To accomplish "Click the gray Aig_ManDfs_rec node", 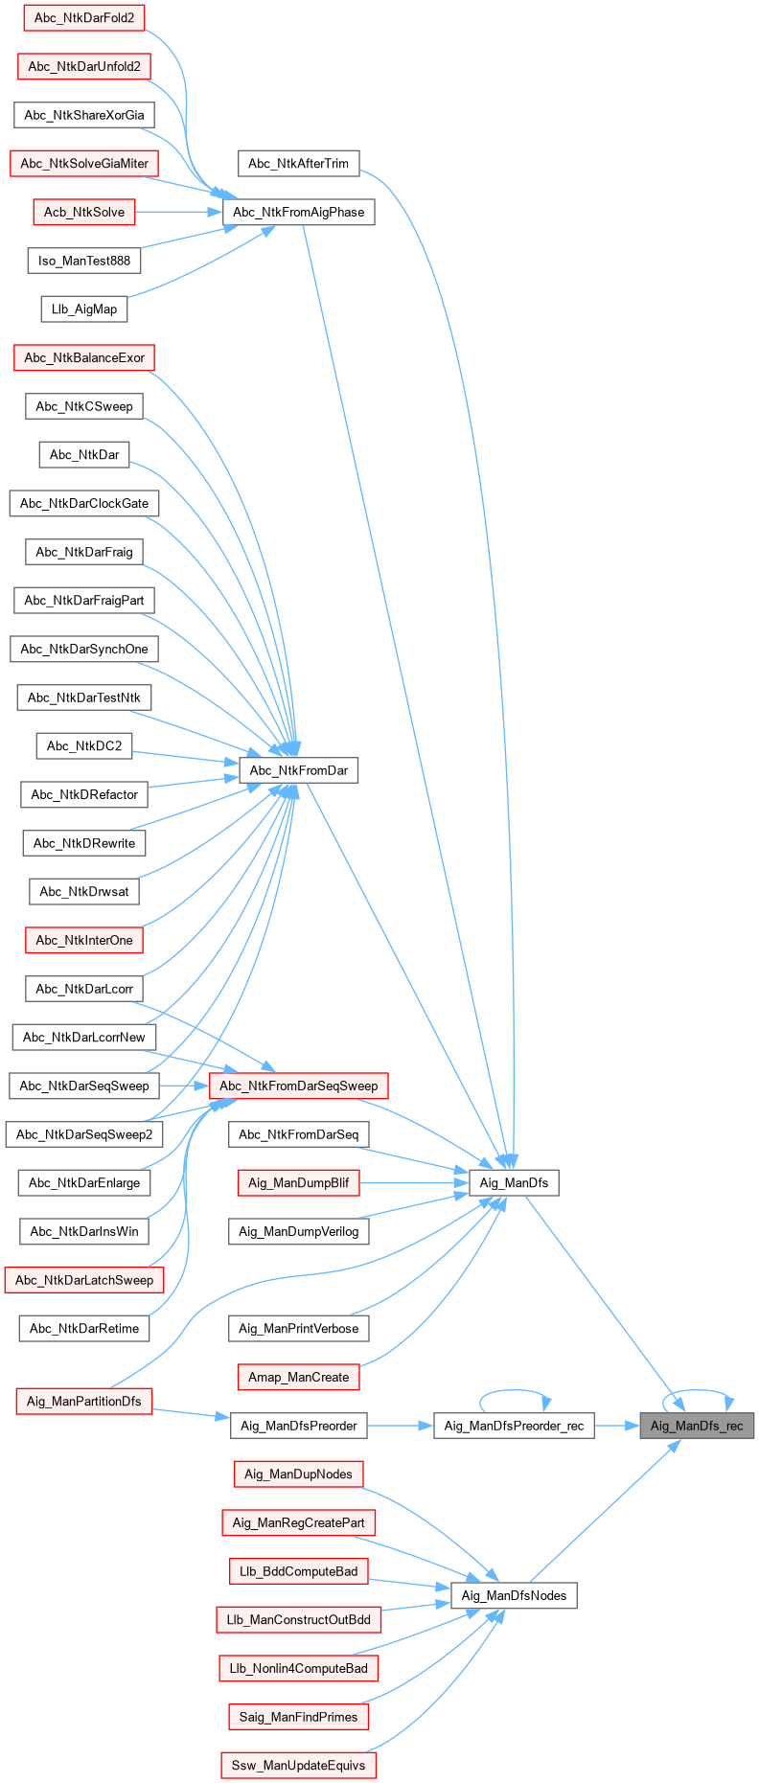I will coord(697,1426).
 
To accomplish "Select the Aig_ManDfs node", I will coord(514,1182).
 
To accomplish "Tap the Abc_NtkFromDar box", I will coord(298,770).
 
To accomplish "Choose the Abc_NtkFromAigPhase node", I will coord(298,212).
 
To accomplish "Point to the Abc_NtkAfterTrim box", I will coord(298,163).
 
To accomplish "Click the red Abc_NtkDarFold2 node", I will coord(84,17).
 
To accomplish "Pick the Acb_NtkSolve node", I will coord(84,212).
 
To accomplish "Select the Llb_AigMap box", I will coord(84,309).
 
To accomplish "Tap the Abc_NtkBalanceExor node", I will coord(84,357).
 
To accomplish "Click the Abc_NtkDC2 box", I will coord(84,745).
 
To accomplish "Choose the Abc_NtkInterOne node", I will coord(84,940).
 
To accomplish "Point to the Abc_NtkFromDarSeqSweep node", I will coord(298,1086).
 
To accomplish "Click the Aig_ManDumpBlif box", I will coord(298,1182).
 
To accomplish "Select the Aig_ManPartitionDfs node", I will coord(84,1401).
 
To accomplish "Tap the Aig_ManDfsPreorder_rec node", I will coord(514,1426).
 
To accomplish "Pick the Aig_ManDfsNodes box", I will coord(514,1595).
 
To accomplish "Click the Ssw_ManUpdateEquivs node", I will coord(298,1765).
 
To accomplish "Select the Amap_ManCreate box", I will coord(298,1377).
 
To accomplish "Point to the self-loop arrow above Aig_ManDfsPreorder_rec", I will coord(515,1391).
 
